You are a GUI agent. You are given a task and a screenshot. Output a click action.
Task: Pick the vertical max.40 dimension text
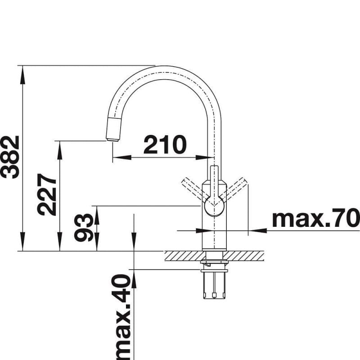[122, 315]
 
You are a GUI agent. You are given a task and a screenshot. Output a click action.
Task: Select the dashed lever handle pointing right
[236, 188]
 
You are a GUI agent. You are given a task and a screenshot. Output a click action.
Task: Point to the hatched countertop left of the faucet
[182, 256]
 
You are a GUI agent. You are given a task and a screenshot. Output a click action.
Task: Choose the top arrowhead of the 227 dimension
[58, 146]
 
